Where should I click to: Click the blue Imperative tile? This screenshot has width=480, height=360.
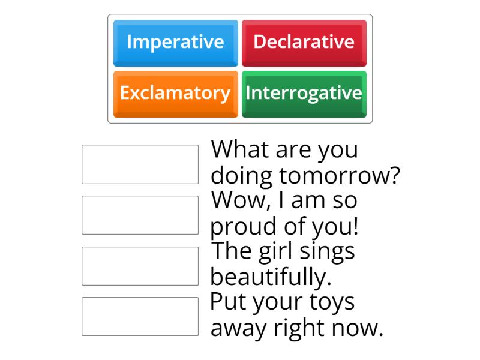(x=175, y=43)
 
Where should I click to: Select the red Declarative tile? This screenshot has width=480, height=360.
(x=304, y=43)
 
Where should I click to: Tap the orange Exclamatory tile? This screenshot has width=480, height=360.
(x=175, y=94)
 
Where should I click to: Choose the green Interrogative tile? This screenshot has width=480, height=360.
(x=304, y=94)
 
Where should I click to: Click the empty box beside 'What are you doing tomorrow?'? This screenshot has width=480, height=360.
(x=140, y=164)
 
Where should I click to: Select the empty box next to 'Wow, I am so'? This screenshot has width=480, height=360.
(x=140, y=215)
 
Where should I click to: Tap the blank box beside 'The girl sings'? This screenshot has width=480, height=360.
(x=140, y=266)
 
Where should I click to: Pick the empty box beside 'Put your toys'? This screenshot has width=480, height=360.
(x=140, y=316)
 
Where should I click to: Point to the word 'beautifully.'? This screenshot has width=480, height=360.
(x=271, y=277)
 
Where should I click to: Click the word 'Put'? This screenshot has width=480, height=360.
(x=227, y=302)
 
